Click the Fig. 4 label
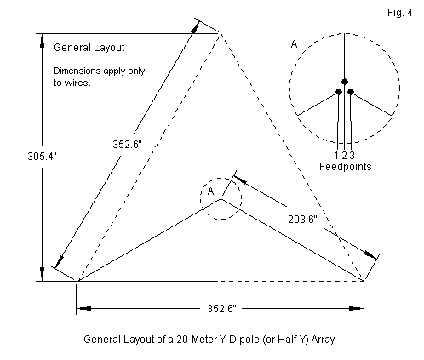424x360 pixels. [x=399, y=13]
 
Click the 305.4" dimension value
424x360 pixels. [x=42, y=157]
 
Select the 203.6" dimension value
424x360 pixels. [x=302, y=220]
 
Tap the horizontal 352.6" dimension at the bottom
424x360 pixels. [x=221, y=308]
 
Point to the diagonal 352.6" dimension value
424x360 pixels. [x=127, y=145]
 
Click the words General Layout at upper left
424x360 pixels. [x=89, y=48]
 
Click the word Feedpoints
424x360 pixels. [x=346, y=167]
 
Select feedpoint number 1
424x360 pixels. [x=336, y=156]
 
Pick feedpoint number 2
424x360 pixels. [x=344, y=156]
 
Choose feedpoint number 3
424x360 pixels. [x=352, y=156]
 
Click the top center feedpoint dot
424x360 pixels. [x=345, y=82]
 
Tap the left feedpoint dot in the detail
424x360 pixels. [x=339, y=92]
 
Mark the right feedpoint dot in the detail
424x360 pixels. [x=351, y=92]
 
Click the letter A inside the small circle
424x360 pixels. [x=210, y=191]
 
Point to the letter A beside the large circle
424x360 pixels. [x=294, y=44]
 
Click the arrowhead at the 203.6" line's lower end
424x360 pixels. [x=370, y=254]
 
